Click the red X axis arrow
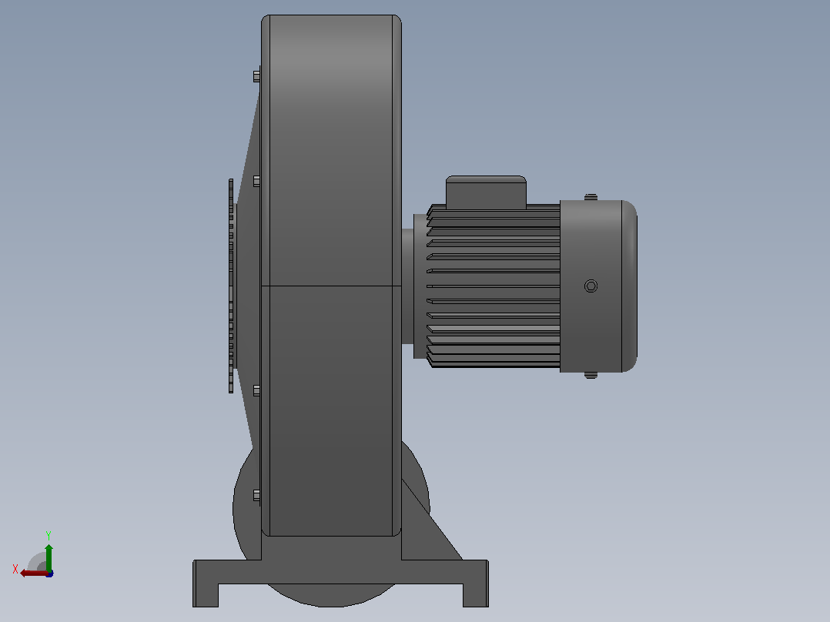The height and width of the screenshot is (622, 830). [35, 574]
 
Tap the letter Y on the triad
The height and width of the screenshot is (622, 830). [49, 535]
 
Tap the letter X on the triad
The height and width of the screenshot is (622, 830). [15, 569]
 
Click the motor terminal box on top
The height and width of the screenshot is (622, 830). [486, 192]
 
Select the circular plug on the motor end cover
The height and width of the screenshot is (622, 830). [591, 286]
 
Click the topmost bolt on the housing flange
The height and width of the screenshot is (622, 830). [256, 77]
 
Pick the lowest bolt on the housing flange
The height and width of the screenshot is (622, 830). [256, 496]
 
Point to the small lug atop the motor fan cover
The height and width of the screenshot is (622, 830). [591, 197]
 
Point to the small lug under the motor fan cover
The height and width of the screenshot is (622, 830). [591, 376]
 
